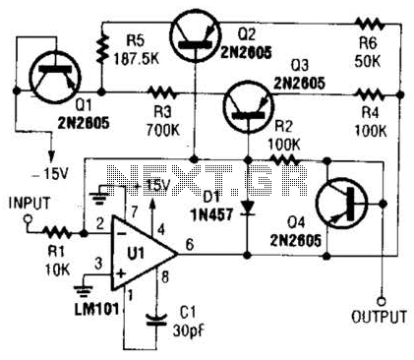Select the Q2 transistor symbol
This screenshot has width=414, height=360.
coord(196,34)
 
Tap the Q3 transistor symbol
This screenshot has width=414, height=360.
coord(248,107)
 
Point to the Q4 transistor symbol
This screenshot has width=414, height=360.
coord(341,204)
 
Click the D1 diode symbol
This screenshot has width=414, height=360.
coord(248,209)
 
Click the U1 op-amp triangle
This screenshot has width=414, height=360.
coord(145,254)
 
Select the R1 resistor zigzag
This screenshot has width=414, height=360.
coord(57,233)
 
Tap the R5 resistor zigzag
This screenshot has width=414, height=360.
coord(102,49)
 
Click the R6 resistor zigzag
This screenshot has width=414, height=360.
coord(370,23)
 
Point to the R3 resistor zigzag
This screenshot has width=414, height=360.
coord(162,93)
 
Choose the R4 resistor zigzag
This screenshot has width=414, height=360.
coord(370,94)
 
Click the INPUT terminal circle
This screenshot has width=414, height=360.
coord(28,219)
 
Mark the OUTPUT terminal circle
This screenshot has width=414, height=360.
coord(382,301)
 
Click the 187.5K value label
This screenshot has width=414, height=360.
coord(137,59)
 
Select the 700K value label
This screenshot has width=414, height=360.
coord(163,130)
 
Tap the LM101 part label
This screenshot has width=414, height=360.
coord(96,310)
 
